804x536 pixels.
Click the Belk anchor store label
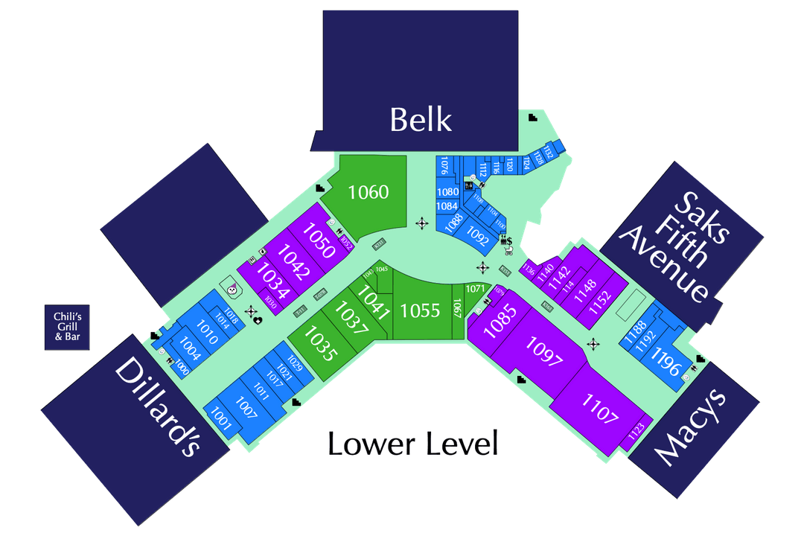point(421,119)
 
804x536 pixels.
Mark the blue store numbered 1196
point(667,365)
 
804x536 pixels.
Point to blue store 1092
point(477,236)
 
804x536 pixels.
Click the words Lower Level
point(412,444)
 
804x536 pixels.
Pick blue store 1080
point(447,192)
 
